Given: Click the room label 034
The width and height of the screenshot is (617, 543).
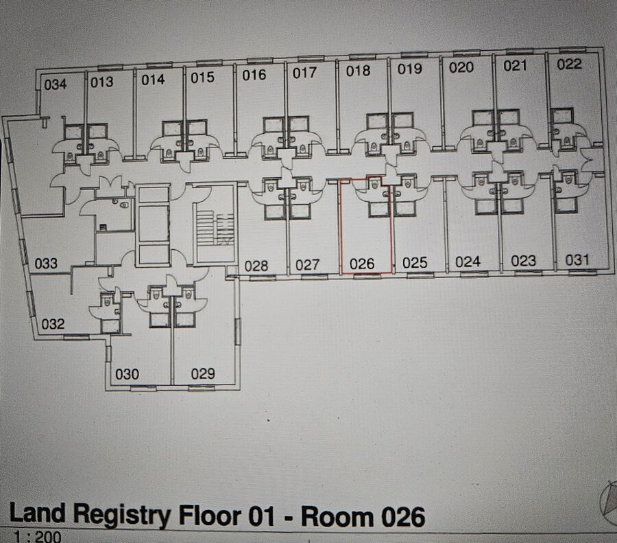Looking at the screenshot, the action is (x=56, y=84).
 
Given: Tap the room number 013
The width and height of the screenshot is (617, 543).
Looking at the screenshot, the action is (x=102, y=82).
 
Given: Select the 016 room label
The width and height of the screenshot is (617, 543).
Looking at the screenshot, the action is (x=254, y=75).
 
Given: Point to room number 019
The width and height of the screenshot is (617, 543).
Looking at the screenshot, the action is (x=410, y=69).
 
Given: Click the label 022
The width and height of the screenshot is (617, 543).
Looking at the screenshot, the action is (x=570, y=65).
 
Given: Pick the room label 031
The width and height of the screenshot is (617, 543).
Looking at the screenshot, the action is (x=577, y=260).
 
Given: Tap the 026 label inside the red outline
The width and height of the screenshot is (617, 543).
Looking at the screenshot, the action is (x=362, y=264).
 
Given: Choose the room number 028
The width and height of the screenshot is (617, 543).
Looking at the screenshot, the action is (x=256, y=266).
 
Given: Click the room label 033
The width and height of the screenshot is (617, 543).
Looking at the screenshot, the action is (x=46, y=263).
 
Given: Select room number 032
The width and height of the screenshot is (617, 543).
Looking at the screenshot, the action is (x=53, y=324).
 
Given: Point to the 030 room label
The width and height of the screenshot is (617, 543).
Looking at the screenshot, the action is (x=127, y=374).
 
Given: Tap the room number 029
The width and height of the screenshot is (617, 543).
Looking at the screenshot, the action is (x=203, y=373).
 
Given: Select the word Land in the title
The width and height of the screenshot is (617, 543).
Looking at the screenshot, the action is (x=38, y=513).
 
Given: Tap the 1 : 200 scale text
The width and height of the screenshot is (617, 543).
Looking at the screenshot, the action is (x=38, y=537).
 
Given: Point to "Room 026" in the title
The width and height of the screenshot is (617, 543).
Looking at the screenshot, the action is (x=363, y=517).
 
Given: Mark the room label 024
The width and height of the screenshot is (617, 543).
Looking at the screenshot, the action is (x=468, y=262).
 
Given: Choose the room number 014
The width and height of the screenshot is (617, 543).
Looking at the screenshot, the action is (x=153, y=80).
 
